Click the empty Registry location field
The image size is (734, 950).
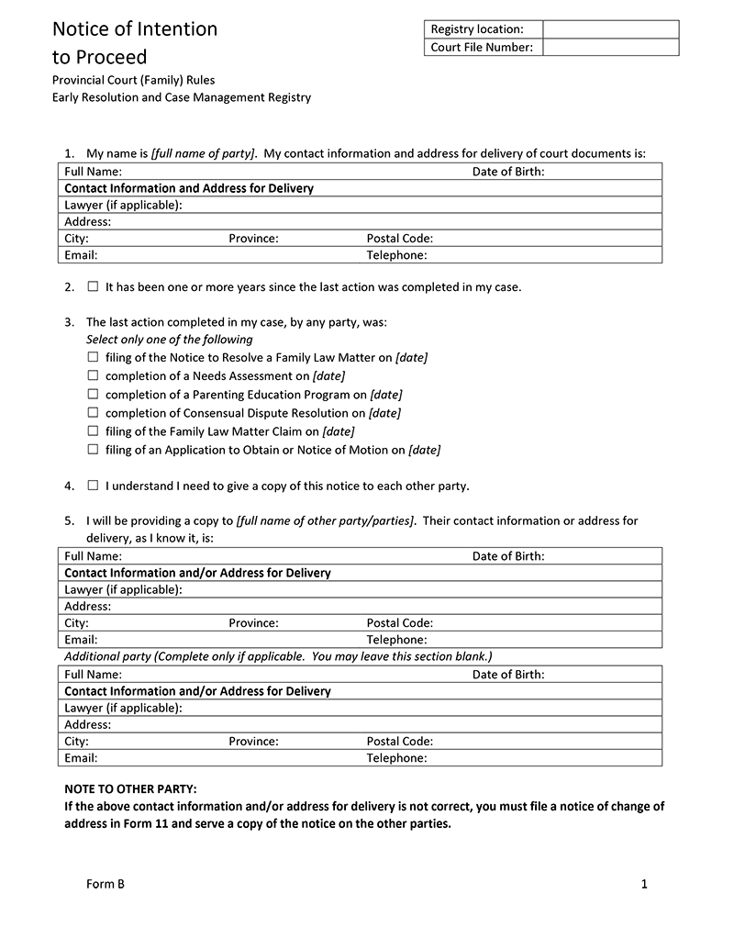coord(610,29)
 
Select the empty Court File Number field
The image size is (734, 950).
coord(610,47)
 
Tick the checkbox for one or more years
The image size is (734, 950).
coord(93,286)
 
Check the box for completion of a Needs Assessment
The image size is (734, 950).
coord(93,375)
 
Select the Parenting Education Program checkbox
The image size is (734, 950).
coord(93,394)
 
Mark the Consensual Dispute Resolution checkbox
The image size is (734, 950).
coord(93,412)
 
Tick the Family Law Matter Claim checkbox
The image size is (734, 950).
coord(93,430)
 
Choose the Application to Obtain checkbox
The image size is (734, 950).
coord(93,449)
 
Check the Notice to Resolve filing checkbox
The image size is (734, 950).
coord(93,357)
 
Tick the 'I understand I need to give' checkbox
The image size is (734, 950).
coord(93,486)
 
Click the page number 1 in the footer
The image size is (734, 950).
coord(644,884)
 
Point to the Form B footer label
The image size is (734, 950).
coord(105,884)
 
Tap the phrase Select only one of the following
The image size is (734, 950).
coord(169,340)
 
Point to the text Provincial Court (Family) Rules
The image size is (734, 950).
coord(134,80)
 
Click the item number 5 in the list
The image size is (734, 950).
coord(69,520)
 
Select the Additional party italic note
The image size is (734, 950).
coord(278,656)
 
